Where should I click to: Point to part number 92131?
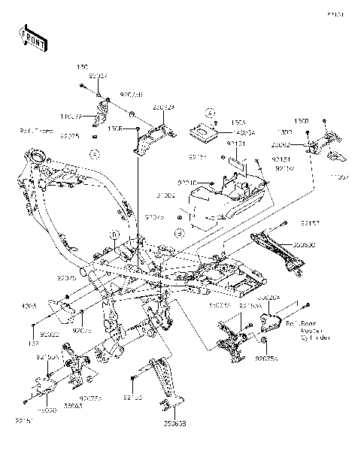point(235,142)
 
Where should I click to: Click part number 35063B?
point(174,424)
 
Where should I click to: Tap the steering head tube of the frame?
point(35,159)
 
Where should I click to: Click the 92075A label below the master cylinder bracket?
point(266,359)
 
